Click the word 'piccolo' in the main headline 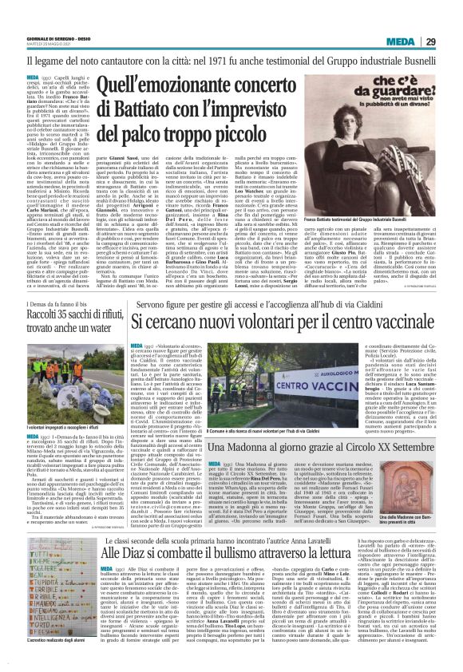click(247, 138)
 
